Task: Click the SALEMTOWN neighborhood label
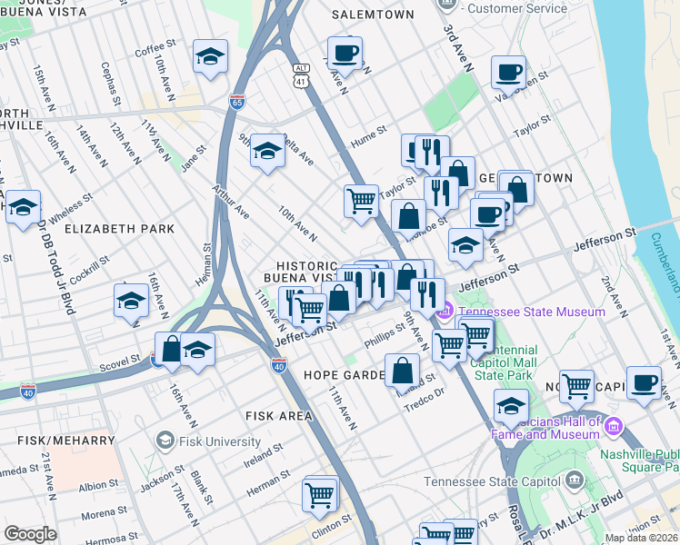pos(373,15)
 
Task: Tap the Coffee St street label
pos(155,48)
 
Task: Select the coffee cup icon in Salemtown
pos(345,53)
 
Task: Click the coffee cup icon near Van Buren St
pos(508,72)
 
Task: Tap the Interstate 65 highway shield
pos(238,101)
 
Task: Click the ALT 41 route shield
pos(302,75)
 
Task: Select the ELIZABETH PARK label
pos(119,229)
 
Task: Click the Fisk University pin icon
pos(165,441)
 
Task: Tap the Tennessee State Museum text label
pos(532,312)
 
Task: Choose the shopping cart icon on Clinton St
pos(320,495)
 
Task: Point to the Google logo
pos(30,534)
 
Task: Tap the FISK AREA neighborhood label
pos(278,416)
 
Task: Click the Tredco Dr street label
pos(425,393)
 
